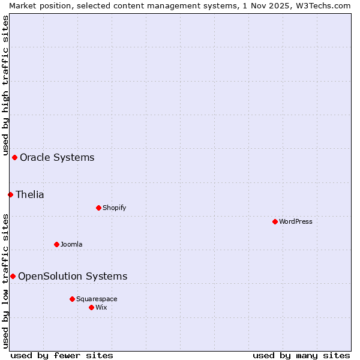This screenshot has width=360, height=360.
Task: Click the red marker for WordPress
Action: pyautogui.click(x=275, y=221)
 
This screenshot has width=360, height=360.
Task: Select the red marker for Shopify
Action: pyautogui.click(x=98, y=208)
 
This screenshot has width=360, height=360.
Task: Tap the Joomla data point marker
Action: pyautogui.click(x=56, y=244)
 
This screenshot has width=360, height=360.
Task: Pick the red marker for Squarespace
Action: pyautogui.click(x=72, y=299)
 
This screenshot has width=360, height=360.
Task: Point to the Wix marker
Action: pyautogui.click(x=91, y=307)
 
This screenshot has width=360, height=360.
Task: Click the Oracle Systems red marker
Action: pyautogui.click(x=14, y=157)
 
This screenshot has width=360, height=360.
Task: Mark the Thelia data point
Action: pyautogui.click(x=10, y=194)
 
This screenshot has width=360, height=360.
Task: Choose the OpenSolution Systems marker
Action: pyautogui.click(x=13, y=276)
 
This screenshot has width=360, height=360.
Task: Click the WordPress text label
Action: pyautogui.click(x=296, y=221)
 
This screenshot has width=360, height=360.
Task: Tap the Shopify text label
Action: pyautogui.click(x=114, y=208)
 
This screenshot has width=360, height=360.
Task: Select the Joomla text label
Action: pyautogui.click(x=71, y=244)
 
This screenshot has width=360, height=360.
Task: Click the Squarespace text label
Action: pyautogui.click(x=97, y=299)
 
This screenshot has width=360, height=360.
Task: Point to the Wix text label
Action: pyautogui.click(x=101, y=307)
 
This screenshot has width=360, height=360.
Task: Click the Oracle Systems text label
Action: pyautogui.click(x=57, y=158)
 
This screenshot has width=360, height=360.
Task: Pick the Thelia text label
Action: pyautogui.click(x=30, y=194)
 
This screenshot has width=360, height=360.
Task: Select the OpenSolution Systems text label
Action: pyautogui.click(x=73, y=276)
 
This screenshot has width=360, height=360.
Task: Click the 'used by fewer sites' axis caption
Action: pyautogui.click(x=62, y=355)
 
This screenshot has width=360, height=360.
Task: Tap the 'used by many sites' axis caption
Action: pyautogui.click(x=301, y=355)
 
